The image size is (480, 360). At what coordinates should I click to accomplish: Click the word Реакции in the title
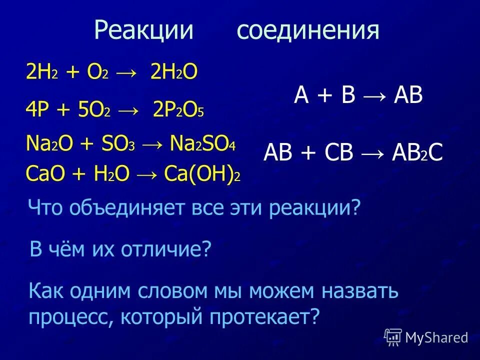pyautogui.click(x=143, y=31)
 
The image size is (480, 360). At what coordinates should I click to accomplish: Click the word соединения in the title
pyautogui.click(x=308, y=31)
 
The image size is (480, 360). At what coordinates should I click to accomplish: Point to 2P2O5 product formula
pyautogui.click(x=178, y=109)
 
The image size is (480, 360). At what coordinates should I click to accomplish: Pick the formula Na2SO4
pyautogui.click(x=202, y=145)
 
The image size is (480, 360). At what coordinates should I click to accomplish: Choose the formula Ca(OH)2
pyautogui.click(x=202, y=175)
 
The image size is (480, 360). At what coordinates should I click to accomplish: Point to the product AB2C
pyautogui.click(x=417, y=152)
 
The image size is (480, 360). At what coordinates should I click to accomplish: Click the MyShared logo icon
pyautogui.click(x=393, y=336)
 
